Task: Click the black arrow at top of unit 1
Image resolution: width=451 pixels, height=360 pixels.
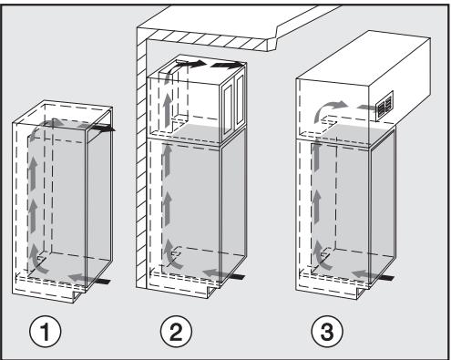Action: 107,129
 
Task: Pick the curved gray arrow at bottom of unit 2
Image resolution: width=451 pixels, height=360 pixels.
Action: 171,257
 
